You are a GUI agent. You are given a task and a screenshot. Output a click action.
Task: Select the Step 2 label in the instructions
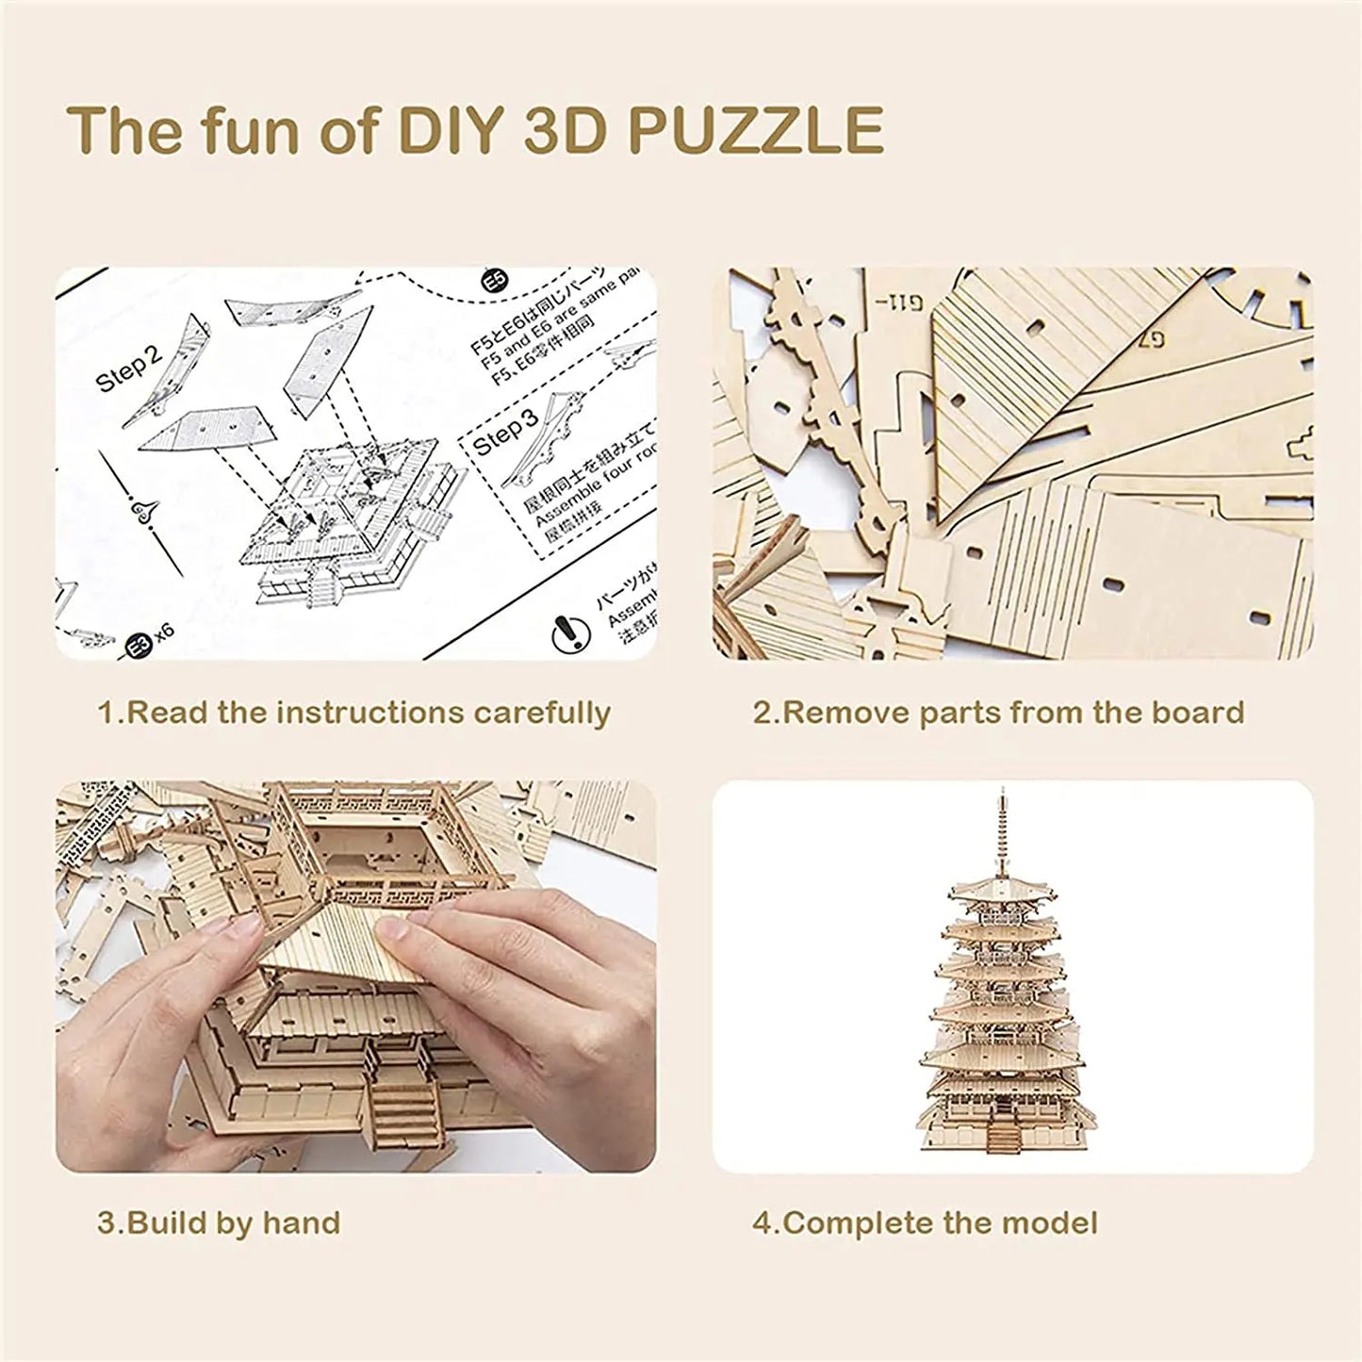[x=129, y=367]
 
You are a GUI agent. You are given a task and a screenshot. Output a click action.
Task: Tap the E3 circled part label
[x=138, y=646]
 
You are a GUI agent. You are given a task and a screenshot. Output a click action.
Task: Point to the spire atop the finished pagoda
[x=996, y=829]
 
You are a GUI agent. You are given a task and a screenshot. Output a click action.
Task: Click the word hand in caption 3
[x=302, y=1223]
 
